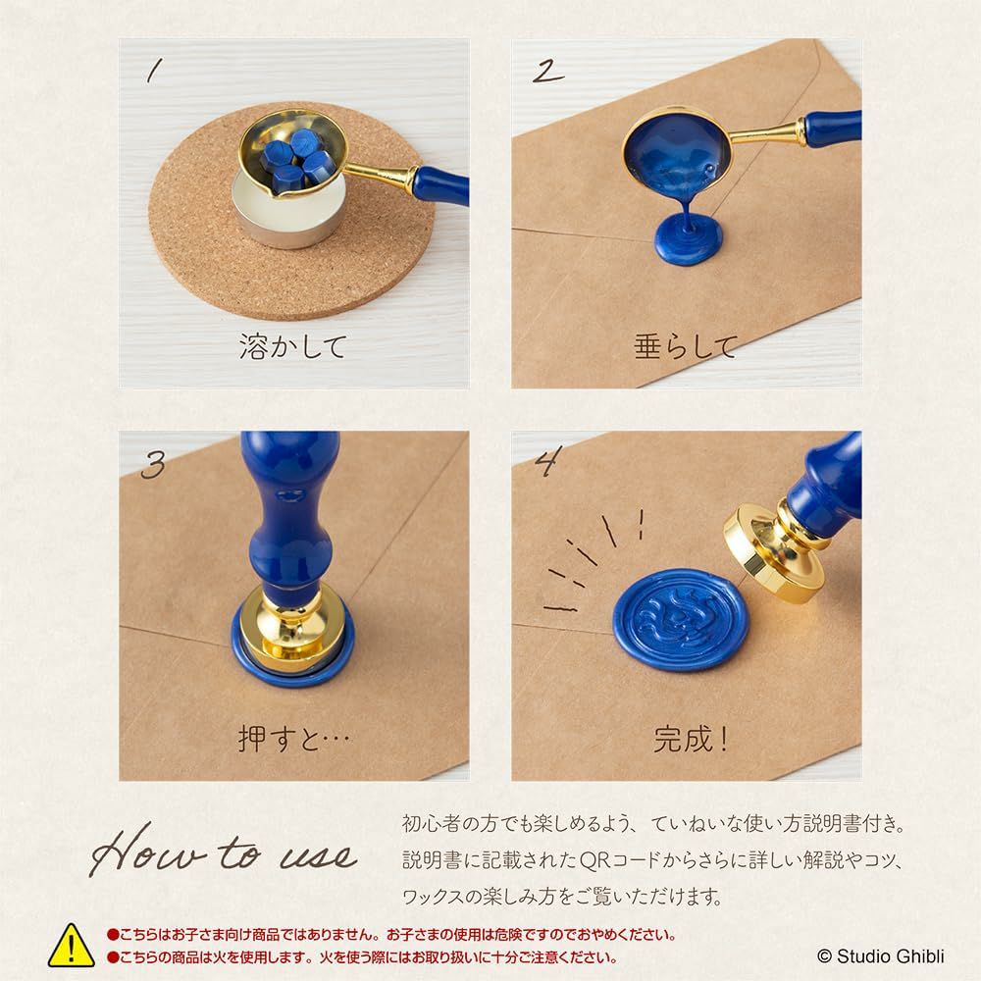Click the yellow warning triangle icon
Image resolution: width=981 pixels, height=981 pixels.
[72, 946]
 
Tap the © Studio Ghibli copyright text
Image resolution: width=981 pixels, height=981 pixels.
[881, 956]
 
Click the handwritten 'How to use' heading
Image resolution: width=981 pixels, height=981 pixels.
[223, 851]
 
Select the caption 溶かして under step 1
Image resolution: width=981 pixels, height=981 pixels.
[292, 346]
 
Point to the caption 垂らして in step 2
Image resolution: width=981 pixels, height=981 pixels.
[686, 346]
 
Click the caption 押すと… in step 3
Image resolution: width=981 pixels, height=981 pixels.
[293, 739]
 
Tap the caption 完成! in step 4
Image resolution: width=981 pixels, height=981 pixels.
[691, 739]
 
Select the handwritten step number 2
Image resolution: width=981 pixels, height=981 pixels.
[548, 71]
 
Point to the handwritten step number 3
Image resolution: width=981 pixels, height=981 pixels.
[153, 464]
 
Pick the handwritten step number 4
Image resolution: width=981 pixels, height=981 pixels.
[548, 462]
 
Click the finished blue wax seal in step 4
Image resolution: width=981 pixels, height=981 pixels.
[680, 619]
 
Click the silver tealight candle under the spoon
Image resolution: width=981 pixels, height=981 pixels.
[287, 212]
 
